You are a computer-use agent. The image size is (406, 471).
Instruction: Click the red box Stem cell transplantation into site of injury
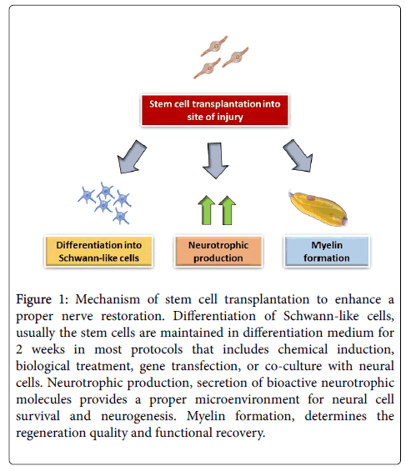click(x=215, y=110)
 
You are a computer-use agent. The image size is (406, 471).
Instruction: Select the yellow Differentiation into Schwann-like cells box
click(x=99, y=252)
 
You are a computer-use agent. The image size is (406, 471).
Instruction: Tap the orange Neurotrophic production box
click(x=218, y=252)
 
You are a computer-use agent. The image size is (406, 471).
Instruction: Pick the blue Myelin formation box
click(x=327, y=252)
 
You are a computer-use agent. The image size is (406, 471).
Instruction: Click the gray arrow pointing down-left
click(x=132, y=157)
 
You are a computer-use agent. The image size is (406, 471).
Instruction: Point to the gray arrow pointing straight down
click(x=215, y=160)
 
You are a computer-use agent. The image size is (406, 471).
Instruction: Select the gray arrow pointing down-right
click(x=298, y=156)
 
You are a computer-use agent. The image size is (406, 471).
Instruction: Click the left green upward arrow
click(x=207, y=210)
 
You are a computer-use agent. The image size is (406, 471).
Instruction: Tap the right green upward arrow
click(x=228, y=210)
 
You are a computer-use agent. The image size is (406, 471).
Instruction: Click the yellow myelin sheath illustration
click(x=318, y=208)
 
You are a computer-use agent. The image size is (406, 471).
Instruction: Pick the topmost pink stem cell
click(x=214, y=46)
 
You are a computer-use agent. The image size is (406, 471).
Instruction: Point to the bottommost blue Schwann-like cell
click(x=121, y=216)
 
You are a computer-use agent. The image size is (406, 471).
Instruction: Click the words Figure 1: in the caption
click(x=42, y=300)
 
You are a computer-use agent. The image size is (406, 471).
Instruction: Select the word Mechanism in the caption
click(x=108, y=299)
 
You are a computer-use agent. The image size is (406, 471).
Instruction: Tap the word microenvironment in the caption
click(x=247, y=399)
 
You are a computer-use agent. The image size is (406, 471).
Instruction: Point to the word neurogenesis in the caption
click(x=138, y=417)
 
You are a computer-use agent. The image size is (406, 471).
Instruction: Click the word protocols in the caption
click(x=157, y=350)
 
